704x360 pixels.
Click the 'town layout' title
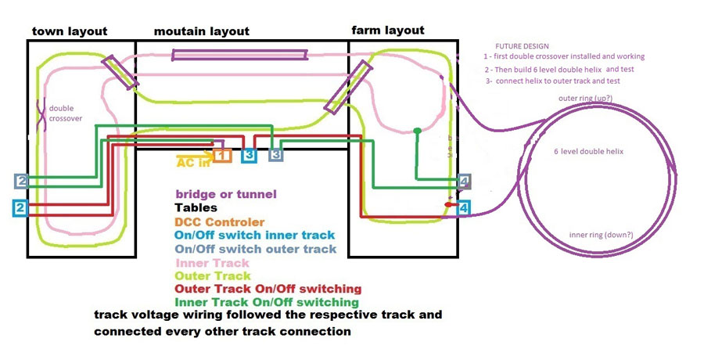(x=69, y=31)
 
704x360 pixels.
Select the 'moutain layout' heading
(x=202, y=31)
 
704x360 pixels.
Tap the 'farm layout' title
(x=388, y=31)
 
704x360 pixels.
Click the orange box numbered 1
(x=223, y=155)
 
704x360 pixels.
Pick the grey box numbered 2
(x=21, y=182)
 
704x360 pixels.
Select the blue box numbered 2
(x=21, y=208)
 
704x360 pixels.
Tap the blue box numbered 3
(x=249, y=155)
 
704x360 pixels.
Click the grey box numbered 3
(x=275, y=155)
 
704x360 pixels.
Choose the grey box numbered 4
(x=465, y=182)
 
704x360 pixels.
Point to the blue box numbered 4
(x=464, y=208)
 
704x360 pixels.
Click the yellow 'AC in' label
(x=192, y=163)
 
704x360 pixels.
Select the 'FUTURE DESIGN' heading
(x=522, y=46)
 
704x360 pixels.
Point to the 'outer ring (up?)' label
(x=585, y=99)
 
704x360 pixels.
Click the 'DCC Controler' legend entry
(x=219, y=222)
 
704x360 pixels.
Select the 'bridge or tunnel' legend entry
(x=225, y=194)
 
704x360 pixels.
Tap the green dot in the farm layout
(x=417, y=131)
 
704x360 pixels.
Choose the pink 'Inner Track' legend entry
(x=213, y=263)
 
